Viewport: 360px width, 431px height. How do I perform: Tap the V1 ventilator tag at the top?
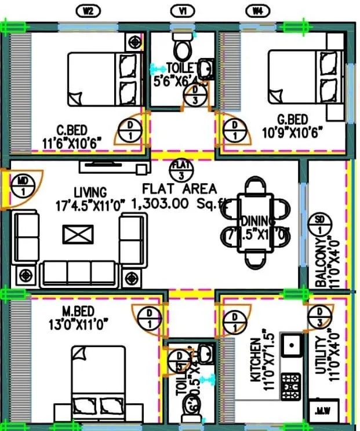click(x=182, y=10)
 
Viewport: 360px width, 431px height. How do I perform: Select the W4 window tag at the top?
click(x=256, y=10)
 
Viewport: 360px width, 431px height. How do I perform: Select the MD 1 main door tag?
click(x=24, y=186)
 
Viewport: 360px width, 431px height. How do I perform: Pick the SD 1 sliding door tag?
click(x=319, y=224)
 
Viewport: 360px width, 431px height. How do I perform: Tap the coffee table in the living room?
click(x=77, y=235)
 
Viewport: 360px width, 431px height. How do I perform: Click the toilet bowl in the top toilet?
click(x=182, y=47)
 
